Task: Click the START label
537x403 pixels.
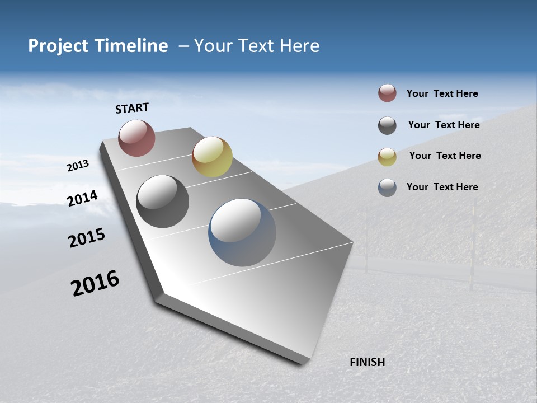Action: (x=132, y=108)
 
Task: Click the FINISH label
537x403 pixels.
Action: (x=367, y=362)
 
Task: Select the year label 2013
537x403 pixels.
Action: (x=78, y=166)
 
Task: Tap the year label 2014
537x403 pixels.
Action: (x=83, y=198)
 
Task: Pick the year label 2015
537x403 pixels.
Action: (x=87, y=238)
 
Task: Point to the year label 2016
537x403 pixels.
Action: (x=95, y=283)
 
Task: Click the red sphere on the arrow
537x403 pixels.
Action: (x=136, y=138)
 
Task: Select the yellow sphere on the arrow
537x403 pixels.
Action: (x=212, y=157)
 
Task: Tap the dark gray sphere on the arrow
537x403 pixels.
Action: (x=163, y=201)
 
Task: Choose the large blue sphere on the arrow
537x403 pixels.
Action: (x=242, y=232)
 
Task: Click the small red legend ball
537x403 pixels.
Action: (x=387, y=93)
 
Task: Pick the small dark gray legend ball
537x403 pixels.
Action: (x=387, y=125)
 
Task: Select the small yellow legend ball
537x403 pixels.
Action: (x=387, y=157)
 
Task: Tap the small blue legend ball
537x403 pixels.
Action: (x=387, y=188)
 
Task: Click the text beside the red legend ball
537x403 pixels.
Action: (x=442, y=94)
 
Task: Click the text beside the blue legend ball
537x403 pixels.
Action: (x=442, y=187)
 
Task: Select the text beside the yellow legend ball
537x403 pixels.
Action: (x=445, y=156)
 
